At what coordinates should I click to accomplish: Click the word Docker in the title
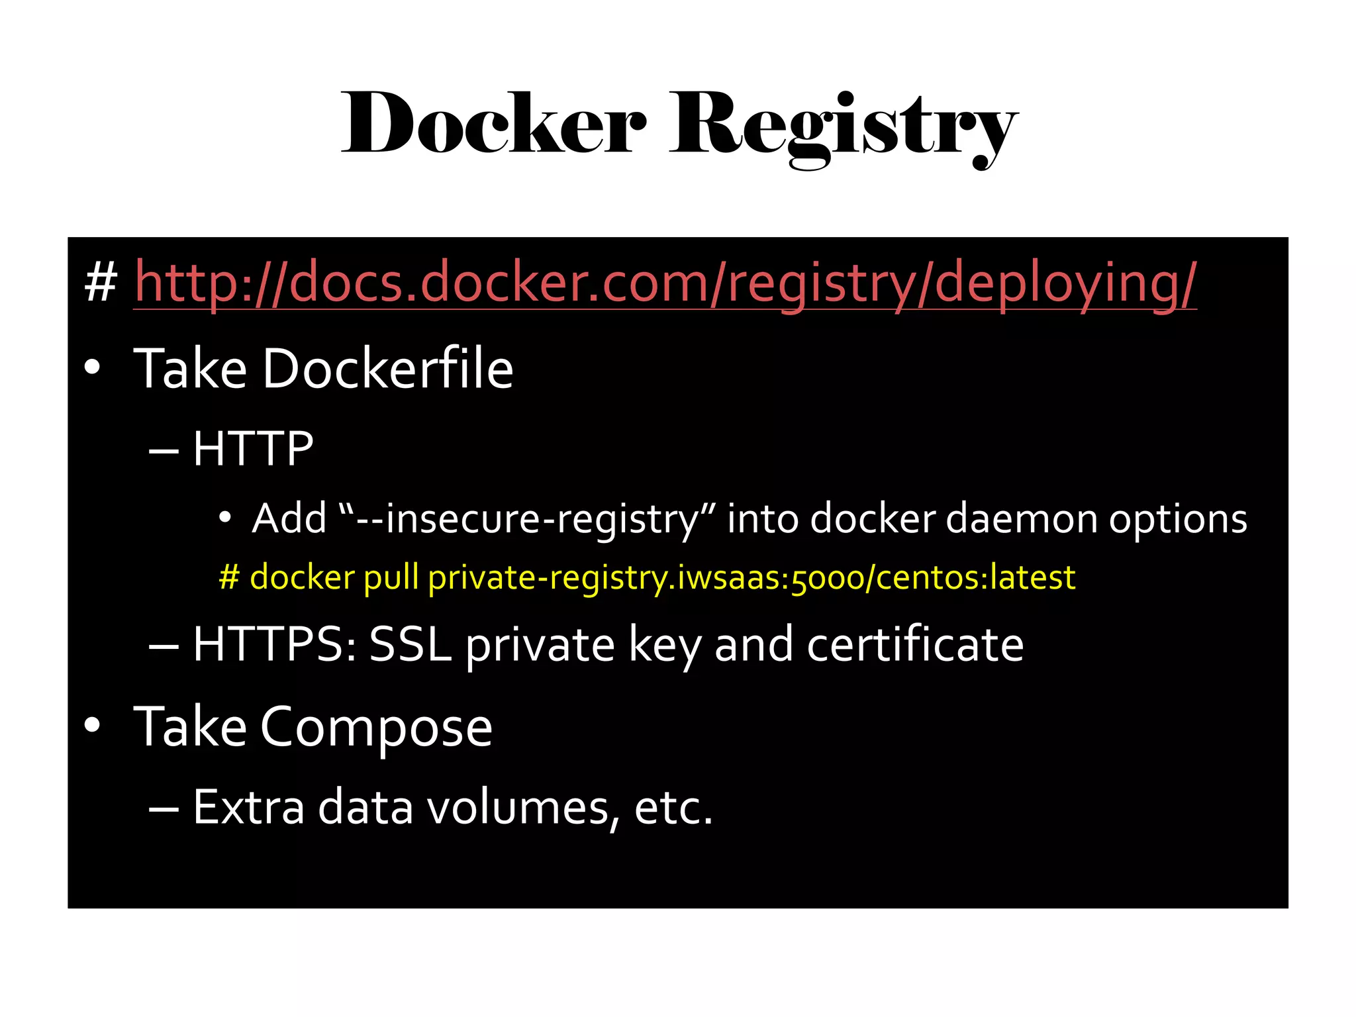point(493,124)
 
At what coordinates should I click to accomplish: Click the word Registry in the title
point(843,126)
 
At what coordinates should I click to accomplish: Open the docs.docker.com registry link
point(665,283)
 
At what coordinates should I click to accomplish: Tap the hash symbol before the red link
point(101,283)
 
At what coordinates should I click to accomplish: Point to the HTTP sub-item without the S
point(253,448)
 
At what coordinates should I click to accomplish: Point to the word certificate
point(915,644)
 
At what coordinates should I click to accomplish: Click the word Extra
point(249,808)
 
